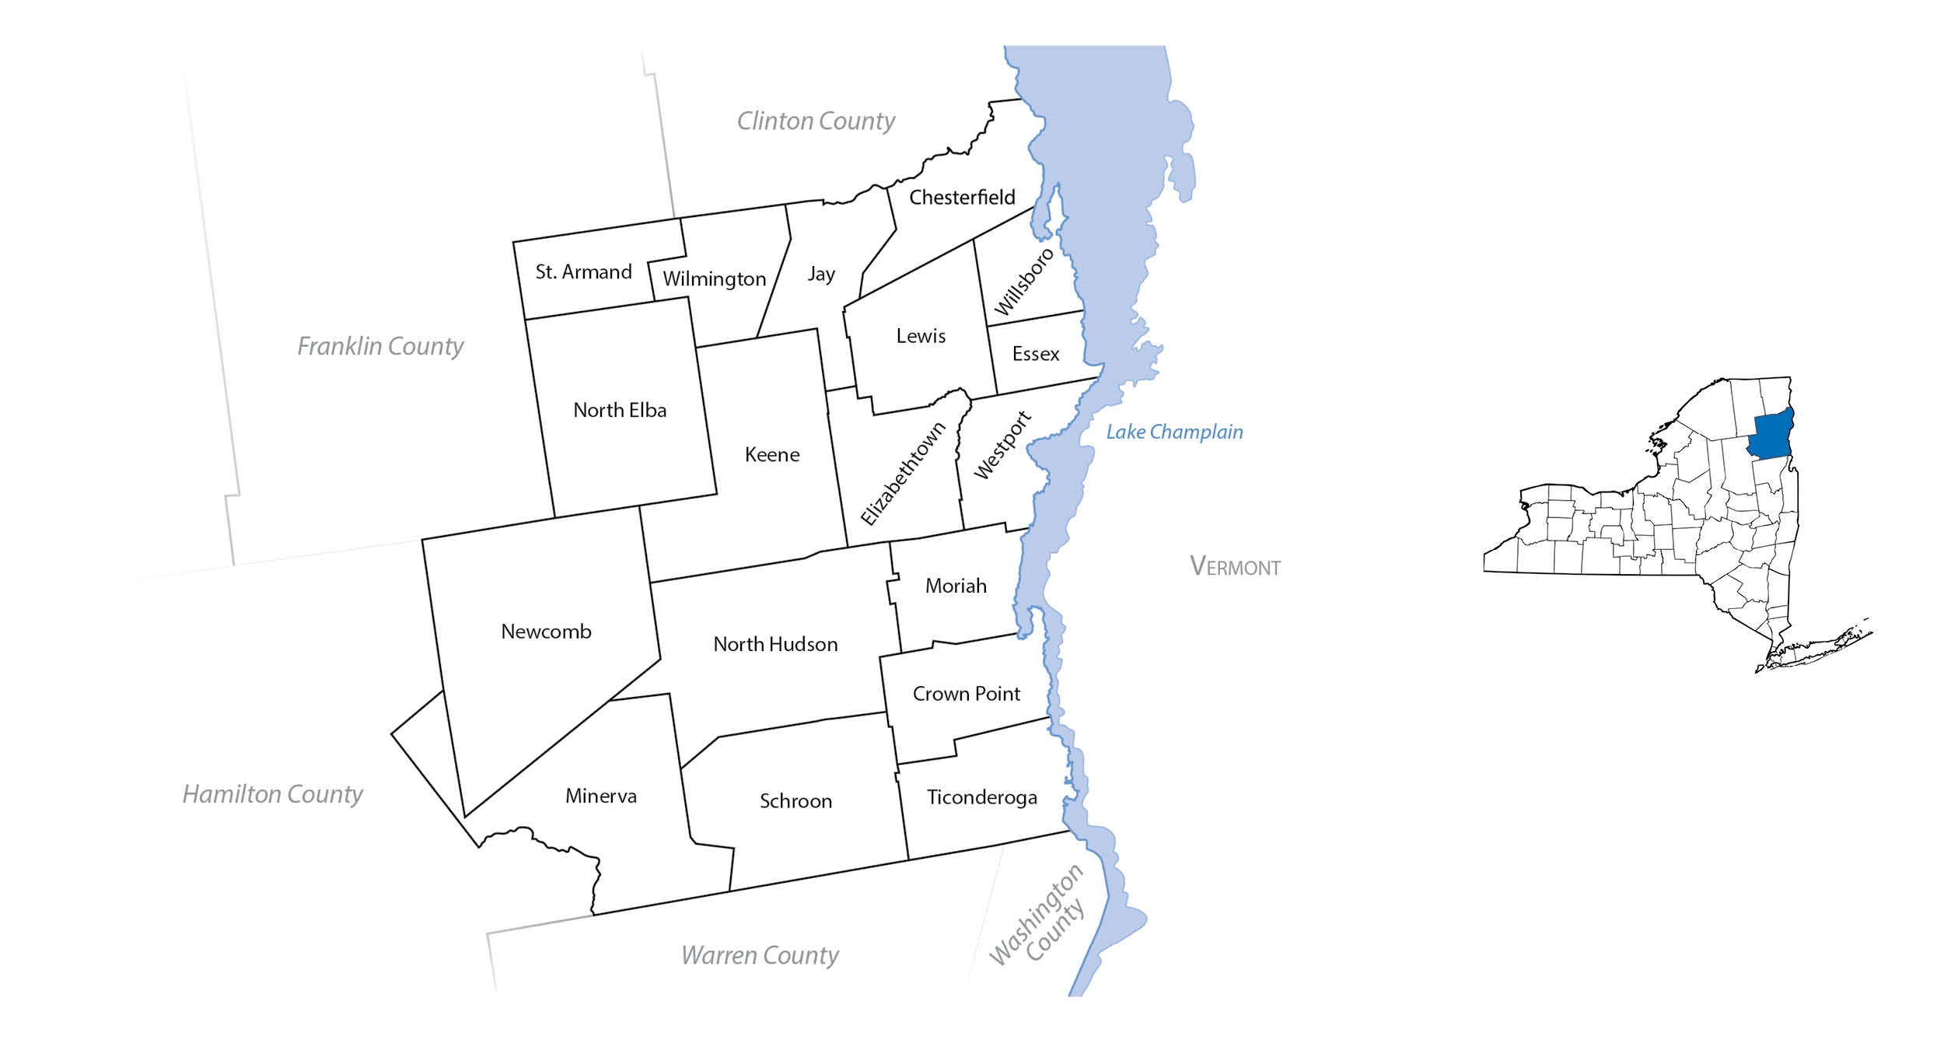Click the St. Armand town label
(x=583, y=272)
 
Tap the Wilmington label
(x=714, y=279)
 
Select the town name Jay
(x=821, y=274)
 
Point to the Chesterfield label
(x=962, y=198)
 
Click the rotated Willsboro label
(x=1024, y=282)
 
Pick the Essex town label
(x=1036, y=355)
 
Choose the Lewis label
(x=921, y=336)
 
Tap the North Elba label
(x=620, y=411)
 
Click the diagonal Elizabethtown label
(x=903, y=474)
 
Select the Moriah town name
(x=956, y=586)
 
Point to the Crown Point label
(x=966, y=694)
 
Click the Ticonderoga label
(x=981, y=798)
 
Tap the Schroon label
(x=795, y=801)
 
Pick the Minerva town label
(x=600, y=796)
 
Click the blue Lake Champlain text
(x=1174, y=432)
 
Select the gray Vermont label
(x=1235, y=566)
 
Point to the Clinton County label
(x=816, y=121)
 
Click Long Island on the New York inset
(x=1820, y=646)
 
